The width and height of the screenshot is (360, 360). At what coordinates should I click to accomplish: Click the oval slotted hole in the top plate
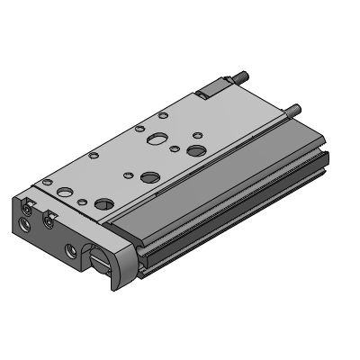[157, 140]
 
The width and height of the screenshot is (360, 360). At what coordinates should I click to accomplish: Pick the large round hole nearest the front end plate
[105, 204]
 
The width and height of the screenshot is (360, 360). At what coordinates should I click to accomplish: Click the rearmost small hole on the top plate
[161, 114]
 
